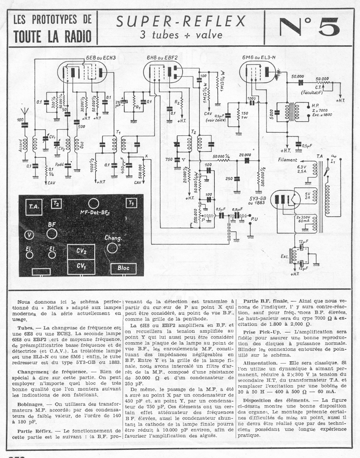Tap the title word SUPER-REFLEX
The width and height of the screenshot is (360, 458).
[181, 21]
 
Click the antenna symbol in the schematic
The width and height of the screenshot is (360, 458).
[25, 113]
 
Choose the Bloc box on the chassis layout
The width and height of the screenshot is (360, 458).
[123, 269]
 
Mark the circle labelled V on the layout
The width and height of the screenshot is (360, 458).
[29, 235]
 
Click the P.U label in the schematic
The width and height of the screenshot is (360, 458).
[254, 219]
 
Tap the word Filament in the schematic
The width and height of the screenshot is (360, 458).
[287, 161]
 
